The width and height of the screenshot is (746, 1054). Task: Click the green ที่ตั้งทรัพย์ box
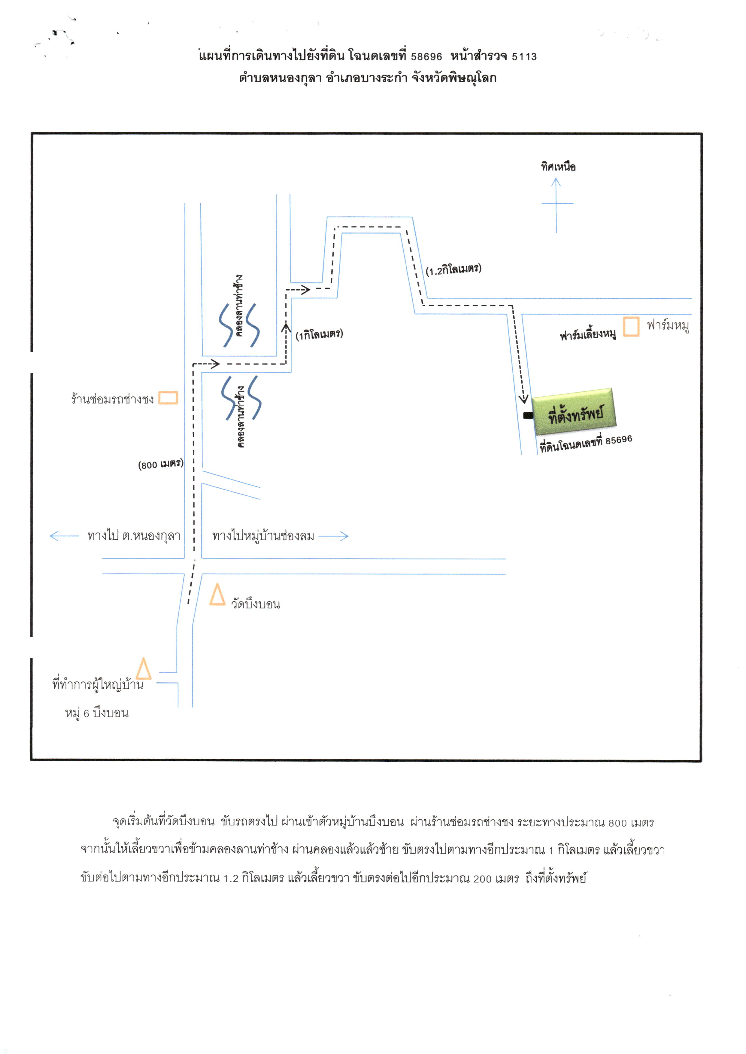coord(574,412)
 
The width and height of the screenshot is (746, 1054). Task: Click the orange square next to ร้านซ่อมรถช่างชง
coord(168,398)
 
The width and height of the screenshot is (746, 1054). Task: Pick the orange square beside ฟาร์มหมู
coord(631,326)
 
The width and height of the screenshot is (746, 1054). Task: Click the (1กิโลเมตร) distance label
coord(319,334)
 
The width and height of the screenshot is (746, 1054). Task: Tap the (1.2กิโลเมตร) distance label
coord(453,269)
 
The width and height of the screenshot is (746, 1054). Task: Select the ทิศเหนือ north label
coord(558,166)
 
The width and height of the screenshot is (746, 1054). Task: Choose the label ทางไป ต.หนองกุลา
coord(134,536)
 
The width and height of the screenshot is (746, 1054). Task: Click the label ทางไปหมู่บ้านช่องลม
coord(263,536)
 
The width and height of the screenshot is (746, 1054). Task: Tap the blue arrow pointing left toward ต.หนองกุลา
coord(64,536)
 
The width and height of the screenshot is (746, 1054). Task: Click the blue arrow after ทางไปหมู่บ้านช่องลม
coord(333,536)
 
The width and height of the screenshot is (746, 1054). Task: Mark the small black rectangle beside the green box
coord(528,415)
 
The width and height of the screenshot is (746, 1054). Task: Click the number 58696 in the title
coord(426,56)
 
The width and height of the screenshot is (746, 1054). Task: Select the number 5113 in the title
coord(524,56)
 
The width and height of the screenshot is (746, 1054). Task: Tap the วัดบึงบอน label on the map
coord(255,604)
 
